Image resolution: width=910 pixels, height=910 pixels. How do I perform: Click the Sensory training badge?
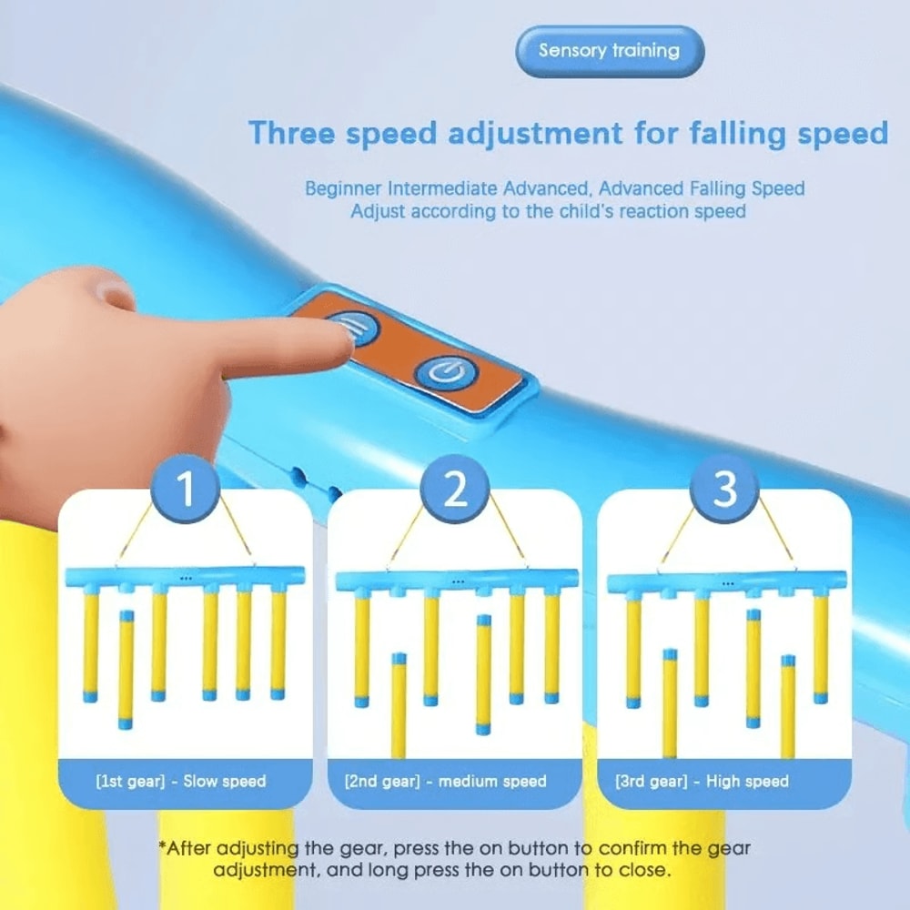pos(609,51)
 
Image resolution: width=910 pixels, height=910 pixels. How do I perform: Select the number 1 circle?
pos(186,489)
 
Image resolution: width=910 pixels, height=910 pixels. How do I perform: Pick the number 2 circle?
pos(454,489)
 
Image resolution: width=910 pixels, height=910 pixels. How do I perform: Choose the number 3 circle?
pos(724,489)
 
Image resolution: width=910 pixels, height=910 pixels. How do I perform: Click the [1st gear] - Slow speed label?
pos(181,781)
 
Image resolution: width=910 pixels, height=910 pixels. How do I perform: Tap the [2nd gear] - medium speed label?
pos(446,781)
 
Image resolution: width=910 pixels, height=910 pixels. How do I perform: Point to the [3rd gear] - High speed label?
pos(703,781)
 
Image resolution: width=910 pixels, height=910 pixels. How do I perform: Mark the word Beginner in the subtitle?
pos(344,189)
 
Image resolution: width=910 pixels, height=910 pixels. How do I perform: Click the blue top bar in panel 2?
pos(457,579)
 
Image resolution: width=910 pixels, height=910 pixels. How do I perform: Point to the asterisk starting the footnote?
pos(162,848)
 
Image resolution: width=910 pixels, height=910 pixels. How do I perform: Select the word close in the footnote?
pos(644,870)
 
